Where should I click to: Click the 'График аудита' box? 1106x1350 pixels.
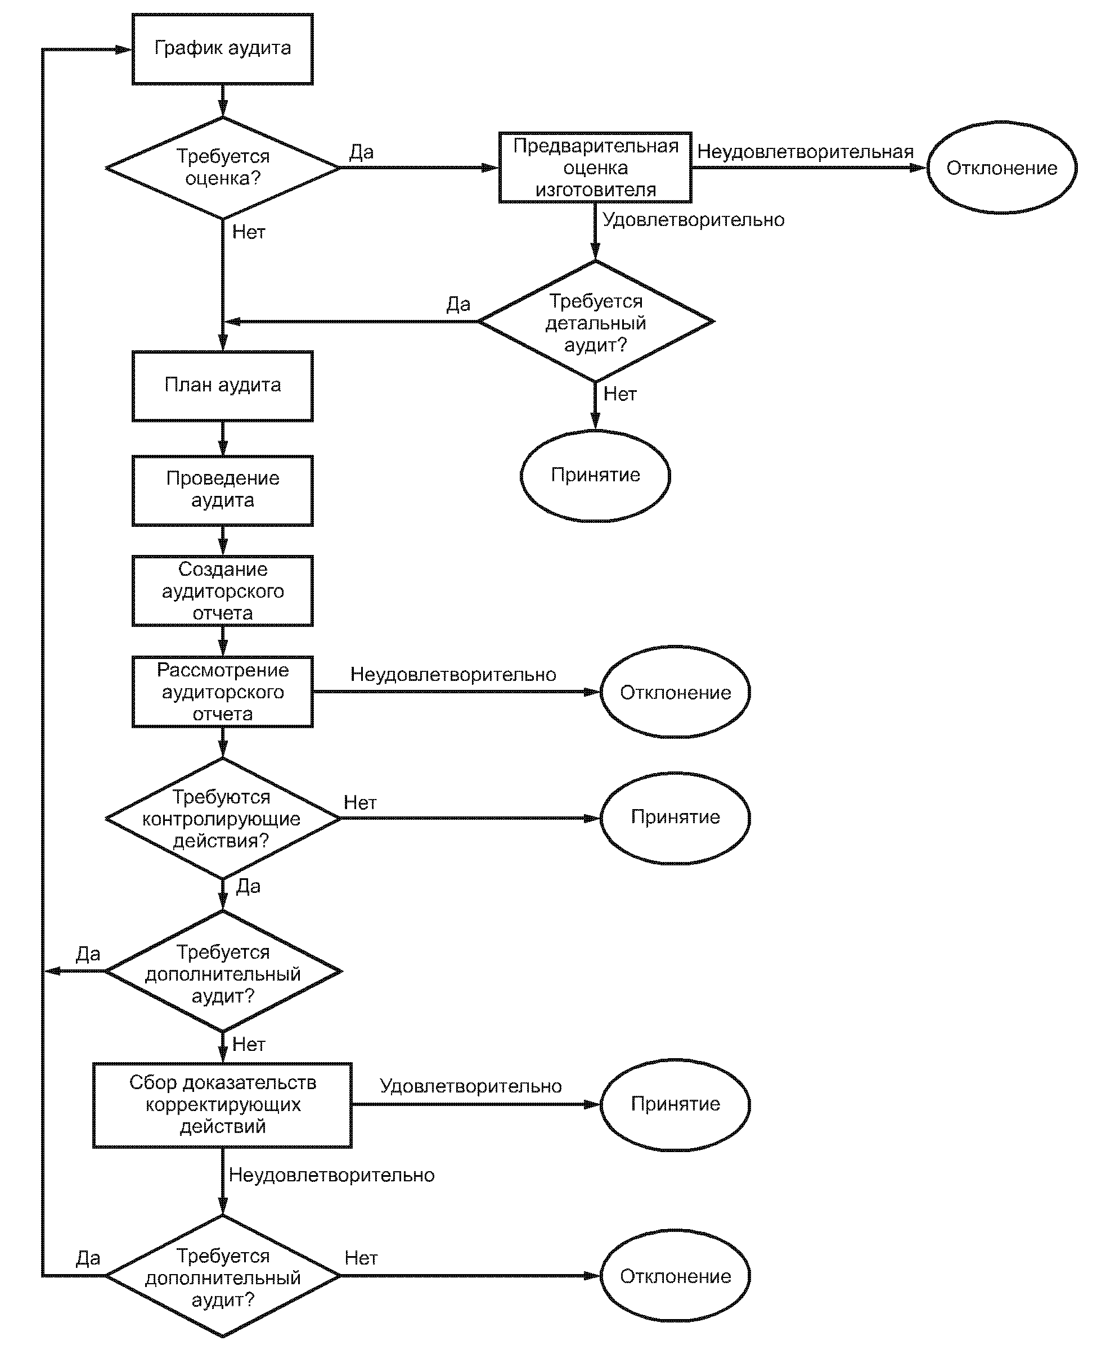coord(222,49)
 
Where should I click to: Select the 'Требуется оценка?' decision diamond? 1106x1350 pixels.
coord(222,168)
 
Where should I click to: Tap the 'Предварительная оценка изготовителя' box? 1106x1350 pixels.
coord(595,168)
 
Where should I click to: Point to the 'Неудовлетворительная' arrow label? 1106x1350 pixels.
coord(805,152)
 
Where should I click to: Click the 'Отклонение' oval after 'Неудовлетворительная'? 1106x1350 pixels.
coord(1001,168)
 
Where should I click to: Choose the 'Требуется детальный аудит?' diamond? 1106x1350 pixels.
coord(595,322)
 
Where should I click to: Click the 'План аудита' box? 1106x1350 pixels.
coord(222,385)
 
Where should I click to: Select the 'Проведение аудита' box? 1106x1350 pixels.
coord(222,490)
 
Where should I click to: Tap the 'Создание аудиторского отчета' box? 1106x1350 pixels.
coord(222,590)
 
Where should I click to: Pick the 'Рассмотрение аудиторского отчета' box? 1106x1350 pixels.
coord(222,692)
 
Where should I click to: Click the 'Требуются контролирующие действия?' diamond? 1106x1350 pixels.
coord(222,818)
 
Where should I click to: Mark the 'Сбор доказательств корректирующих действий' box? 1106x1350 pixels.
coord(222,1104)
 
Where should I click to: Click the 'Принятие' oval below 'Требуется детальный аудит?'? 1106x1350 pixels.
coord(595,476)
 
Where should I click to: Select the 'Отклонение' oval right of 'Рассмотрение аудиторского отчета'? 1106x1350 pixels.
coord(675,692)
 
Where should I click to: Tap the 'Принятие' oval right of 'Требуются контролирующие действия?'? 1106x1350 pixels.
coord(675,818)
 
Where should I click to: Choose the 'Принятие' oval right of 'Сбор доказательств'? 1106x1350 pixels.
coord(675,1104)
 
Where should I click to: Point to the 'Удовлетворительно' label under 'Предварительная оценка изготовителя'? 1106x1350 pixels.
coord(693,220)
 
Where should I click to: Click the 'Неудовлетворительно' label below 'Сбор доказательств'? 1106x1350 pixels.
coord(331,1175)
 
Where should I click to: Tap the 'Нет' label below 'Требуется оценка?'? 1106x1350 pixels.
coord(249,232)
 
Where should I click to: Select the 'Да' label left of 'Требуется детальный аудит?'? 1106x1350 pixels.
coord(458,304)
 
